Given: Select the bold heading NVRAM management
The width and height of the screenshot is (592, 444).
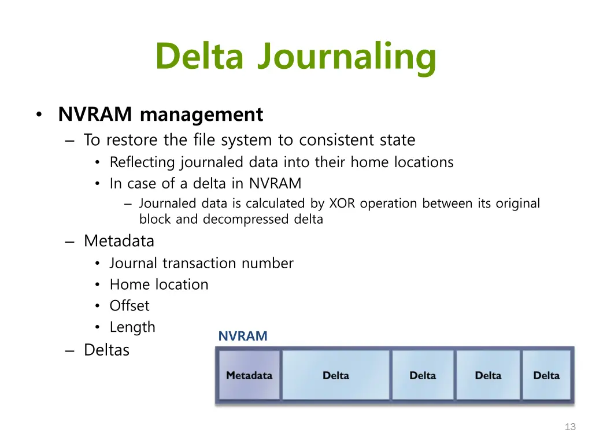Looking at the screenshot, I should click(160, 114).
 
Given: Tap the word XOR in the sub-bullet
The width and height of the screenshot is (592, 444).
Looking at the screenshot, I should click(343, 203).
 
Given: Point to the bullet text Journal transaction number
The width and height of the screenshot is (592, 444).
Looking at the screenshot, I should click(201, 263).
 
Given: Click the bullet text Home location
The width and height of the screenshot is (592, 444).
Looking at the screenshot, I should click(159, 284).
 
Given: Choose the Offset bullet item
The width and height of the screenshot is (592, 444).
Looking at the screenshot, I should click(129, 306).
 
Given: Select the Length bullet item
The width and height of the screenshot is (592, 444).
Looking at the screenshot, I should click(132, 327).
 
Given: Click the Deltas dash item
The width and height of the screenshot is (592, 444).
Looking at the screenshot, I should click(106, 350).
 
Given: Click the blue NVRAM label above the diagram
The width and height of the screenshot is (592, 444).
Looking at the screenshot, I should click(243, 336).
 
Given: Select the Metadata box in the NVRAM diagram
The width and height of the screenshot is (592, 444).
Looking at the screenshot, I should click(249, 375).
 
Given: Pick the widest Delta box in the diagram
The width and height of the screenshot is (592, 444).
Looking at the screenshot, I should click(335, 375).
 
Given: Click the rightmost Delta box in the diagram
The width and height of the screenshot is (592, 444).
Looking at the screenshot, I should click(546, 375).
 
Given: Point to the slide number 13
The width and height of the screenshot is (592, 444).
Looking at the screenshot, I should click(570, 427).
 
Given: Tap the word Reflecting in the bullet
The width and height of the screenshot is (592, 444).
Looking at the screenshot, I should click(143, 162).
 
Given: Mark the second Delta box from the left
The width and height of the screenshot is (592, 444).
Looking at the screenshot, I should click(422, 375).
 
